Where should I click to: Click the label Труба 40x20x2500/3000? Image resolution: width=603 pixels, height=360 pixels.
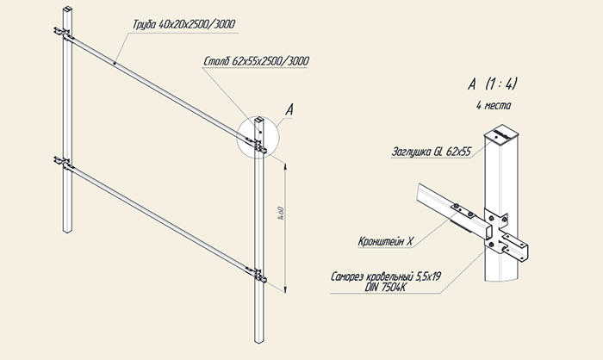coord(183,24)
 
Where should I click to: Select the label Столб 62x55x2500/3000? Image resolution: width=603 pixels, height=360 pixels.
coord(256,61)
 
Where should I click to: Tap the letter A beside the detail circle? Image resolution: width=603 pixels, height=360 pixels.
coord(289,110)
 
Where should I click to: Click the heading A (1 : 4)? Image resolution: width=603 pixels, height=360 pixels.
coord(492,84)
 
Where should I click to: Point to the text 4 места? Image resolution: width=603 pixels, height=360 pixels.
coord(494,105)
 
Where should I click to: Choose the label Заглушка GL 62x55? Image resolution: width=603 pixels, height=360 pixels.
coord(431,152)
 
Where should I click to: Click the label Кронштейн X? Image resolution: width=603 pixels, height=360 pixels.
coord(385,241)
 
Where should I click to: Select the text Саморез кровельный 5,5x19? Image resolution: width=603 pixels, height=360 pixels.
coord(386,276)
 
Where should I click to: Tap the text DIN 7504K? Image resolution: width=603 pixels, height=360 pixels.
coord(386,288)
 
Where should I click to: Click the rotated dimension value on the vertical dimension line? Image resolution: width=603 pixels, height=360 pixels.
coord(281,213)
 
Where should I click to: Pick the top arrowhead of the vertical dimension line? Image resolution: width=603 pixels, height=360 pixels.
coord(285,165)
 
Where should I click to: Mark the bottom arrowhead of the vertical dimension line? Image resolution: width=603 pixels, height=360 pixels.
coord(285,289)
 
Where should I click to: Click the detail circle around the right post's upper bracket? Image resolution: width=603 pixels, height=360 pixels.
coord(258,137)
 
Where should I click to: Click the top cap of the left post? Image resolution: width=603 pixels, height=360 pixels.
coord(67,9)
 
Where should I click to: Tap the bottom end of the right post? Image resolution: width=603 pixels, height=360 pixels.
coord(258,340)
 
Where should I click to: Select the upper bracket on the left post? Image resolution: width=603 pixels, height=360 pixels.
coord(64,34)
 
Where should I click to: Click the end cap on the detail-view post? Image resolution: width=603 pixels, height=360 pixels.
coord(501,133)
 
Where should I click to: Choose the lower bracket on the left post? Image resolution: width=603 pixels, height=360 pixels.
coord(64,163)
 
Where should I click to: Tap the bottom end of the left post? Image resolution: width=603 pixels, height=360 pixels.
coord(67,231)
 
